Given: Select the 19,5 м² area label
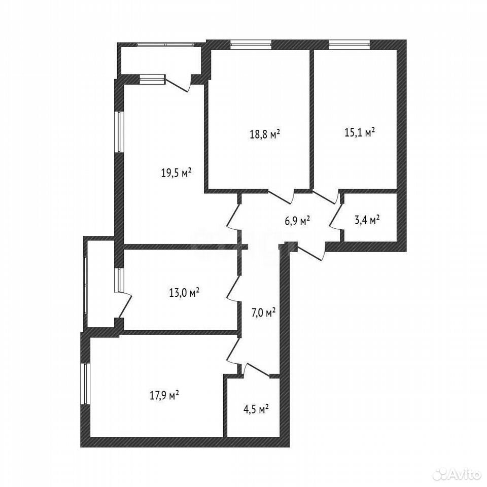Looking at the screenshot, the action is pos(176,172).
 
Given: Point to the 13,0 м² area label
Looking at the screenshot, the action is pos(184,292).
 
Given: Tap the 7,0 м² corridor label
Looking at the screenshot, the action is pos(263,312).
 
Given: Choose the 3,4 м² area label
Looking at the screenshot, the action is pos(367,221).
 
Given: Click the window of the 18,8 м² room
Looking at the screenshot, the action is pos(251,45).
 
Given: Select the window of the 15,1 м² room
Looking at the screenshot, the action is pos(350,45).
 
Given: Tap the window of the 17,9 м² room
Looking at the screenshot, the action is pos(85,384).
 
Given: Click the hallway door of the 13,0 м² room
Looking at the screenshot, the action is pos(233,288).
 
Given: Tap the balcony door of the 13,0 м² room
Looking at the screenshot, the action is pos(124,305).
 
